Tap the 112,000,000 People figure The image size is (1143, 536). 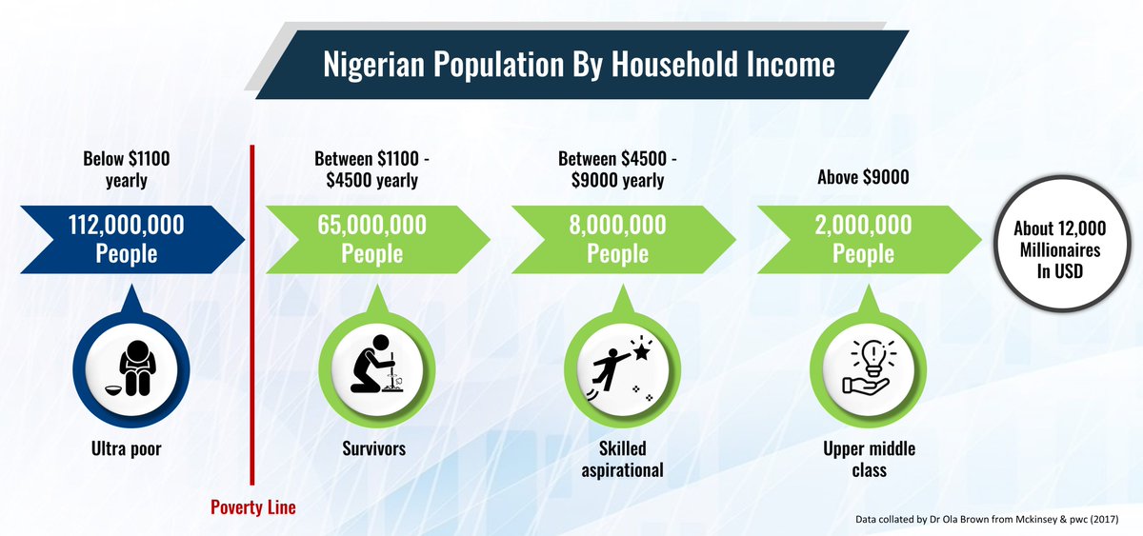(126, 239)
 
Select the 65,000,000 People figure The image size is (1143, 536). (371, 239)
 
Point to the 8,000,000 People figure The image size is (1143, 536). (617, 239)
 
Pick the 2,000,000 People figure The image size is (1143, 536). (863, 239)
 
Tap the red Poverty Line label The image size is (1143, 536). (252, 507)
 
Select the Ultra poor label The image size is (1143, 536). (127, 447)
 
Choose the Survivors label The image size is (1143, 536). (372, 447)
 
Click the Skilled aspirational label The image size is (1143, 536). (618, 458)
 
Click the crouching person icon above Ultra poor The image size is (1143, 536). (132, 365)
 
